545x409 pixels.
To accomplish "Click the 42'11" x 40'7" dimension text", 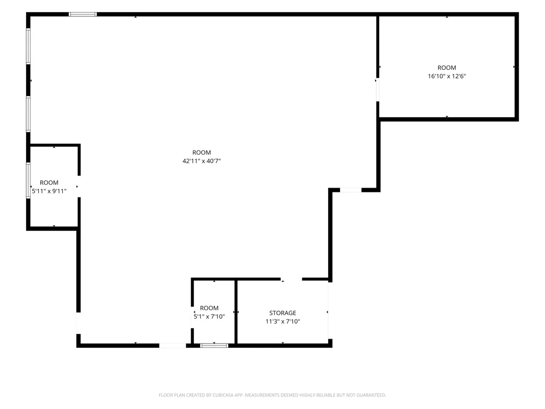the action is coord(202,161).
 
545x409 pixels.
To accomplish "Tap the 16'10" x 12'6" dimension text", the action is coord(447,76).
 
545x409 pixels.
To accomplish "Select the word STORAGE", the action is coord(282,313).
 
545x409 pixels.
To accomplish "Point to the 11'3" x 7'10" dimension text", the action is coord(282,321).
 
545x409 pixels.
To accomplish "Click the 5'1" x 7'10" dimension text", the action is coord(209,316).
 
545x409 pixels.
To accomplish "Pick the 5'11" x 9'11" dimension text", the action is coord(49,191).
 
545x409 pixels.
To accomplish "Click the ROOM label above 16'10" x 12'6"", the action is coord(447,68).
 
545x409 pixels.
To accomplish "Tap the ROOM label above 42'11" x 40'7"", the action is coord(202,153).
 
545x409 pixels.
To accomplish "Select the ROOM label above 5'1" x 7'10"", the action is coord(209,308).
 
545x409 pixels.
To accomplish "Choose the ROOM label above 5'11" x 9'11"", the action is coord(49,183).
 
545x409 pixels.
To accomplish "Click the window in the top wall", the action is coord(83,14).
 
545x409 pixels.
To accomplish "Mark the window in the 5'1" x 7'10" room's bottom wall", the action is coord(214,345).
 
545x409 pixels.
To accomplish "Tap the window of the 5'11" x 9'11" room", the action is coord(28,180).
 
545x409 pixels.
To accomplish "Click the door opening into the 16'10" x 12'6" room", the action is coord(378,90).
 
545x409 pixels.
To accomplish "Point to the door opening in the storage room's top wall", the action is coord(291,279).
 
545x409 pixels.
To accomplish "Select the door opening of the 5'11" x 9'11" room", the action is coord(79,187).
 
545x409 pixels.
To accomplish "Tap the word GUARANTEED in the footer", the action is coord(372,395).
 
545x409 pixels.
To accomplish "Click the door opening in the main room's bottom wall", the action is coord(172,345).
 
